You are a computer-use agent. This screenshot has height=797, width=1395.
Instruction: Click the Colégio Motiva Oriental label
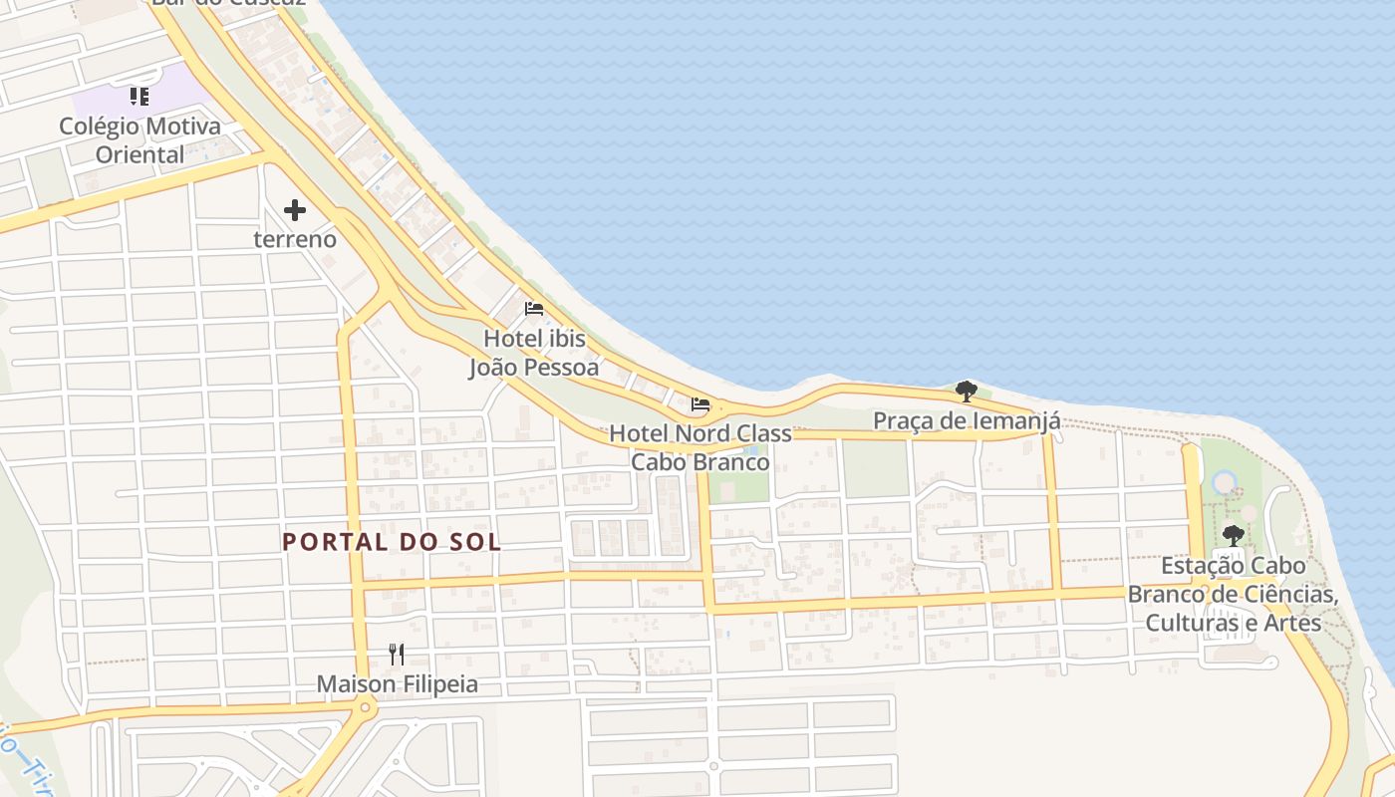(x=139, y=140)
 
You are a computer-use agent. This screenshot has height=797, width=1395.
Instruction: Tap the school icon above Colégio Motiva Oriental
(x=139, y=97)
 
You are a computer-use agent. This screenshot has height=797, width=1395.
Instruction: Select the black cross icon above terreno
(x=295, y=210)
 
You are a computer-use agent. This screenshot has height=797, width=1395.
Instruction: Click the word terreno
(x=295, y=240)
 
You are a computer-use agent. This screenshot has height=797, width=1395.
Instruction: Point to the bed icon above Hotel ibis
(x=534, y=308)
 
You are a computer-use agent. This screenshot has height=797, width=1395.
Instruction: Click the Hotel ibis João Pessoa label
(x=534, y=353)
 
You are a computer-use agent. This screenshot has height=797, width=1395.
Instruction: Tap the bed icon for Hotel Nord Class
(x=700, y=404)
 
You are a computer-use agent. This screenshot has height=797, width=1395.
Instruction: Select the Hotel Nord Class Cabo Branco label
(x=700, y=447)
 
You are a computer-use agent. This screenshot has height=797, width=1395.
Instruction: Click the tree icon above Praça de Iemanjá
(x=966, y=391)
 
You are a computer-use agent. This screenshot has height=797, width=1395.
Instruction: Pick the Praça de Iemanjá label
(x=967, y=421)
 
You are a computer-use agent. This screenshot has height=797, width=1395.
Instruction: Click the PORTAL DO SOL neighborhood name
(x=392, y=542)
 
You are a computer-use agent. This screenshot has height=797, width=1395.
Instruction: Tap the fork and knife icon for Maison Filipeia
(x=397, y=655)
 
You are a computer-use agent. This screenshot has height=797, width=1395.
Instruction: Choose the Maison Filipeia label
(x=397, y=684)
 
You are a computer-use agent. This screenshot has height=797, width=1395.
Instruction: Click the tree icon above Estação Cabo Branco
(x=1234, y=535)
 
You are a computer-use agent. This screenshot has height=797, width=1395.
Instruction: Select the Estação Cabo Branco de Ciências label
(x=1234, y=594)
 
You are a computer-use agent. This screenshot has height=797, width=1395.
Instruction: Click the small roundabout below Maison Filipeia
(x=366, y=708)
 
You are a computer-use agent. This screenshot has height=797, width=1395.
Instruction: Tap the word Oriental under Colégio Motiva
(x=139, y=154)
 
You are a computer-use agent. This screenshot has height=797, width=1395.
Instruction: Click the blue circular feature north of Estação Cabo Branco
(x=1225, y=483)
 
